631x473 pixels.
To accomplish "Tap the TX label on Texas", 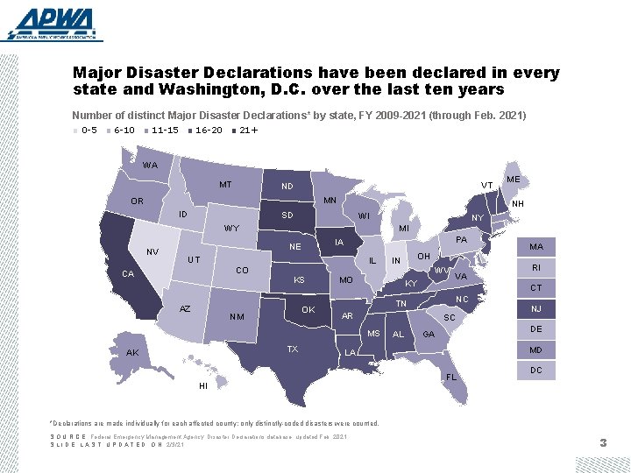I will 293,349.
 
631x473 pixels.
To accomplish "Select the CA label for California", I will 128,274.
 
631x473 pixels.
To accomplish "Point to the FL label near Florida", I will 452,378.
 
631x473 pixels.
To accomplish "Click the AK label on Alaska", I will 132,353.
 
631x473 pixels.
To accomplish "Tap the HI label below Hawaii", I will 203,386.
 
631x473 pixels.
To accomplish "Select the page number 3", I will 603,444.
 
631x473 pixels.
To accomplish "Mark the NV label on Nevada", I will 152,251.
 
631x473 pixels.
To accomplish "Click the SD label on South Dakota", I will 287,215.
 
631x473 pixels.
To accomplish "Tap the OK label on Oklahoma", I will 308,310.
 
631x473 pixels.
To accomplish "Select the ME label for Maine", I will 514,180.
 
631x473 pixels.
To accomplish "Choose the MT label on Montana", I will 226,185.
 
